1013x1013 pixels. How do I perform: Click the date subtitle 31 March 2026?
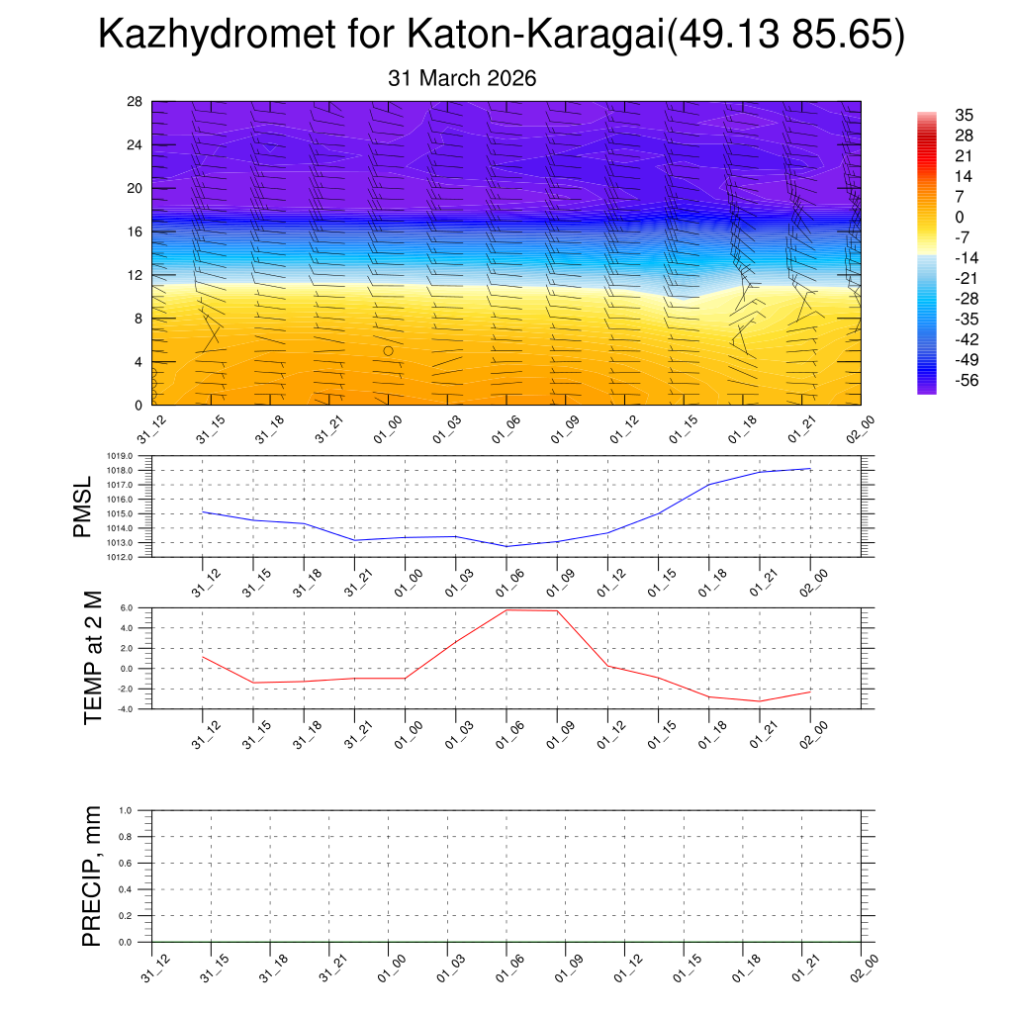coord(462,78)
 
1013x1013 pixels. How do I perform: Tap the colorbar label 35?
coord(964,115)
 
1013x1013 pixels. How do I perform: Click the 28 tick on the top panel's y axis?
coord(136,101)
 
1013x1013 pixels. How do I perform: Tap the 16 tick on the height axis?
coord(136,231)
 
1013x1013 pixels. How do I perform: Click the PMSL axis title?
coord(85,506)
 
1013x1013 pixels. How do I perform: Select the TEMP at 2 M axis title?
coord(93,657)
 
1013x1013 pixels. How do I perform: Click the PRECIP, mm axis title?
coord(92,876)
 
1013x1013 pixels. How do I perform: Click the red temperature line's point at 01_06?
coord(506,610)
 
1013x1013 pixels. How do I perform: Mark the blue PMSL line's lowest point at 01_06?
coord(506,546)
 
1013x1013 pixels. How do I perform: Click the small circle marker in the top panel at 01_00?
coord(389,351)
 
